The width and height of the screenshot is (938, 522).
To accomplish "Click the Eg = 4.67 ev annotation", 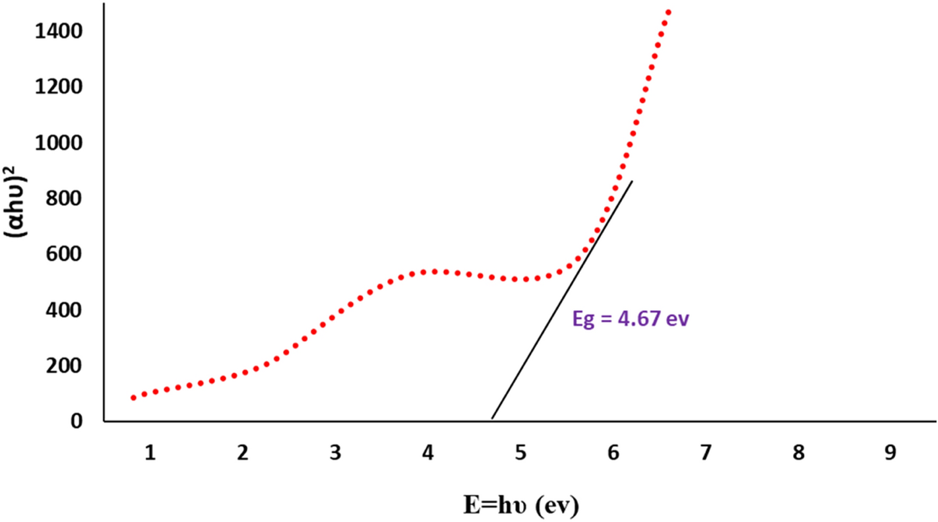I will point(630,320).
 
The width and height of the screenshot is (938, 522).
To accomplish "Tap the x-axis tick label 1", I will point(150,453).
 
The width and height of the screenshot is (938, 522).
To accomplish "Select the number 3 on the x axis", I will point(336,453).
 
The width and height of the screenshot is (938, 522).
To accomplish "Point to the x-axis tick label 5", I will point(521,453).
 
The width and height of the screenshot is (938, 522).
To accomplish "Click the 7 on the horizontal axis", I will point(706,453).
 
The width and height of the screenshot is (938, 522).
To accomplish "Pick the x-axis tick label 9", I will point(891,453).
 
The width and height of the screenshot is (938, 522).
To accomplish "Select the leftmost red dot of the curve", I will point(134,398).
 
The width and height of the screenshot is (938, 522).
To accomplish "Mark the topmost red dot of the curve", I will point(668,12).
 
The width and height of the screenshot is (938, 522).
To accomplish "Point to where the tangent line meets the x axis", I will point(492,419).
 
